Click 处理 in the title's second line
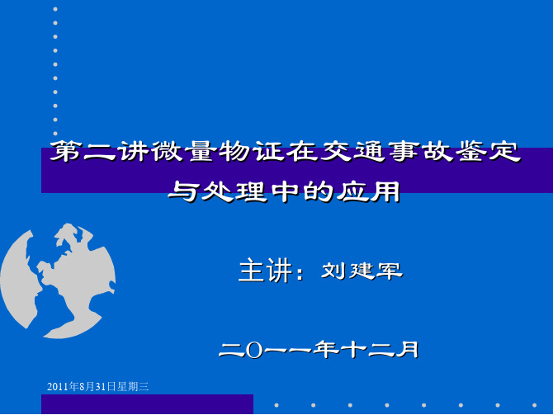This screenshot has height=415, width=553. pos(234,191)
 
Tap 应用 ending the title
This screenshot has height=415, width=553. pos(369,191)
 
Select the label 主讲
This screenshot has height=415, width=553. pos(266,271)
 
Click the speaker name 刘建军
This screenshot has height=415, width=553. pos(362,271)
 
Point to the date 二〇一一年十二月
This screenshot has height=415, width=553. pos(319,350)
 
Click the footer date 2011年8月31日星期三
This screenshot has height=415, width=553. pos(98,386)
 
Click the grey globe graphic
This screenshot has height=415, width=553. pos(58,281)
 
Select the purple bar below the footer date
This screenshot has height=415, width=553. pos(147,404)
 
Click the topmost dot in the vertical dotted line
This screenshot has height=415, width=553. pos(55,9)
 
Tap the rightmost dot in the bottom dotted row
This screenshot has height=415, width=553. pos(534,405)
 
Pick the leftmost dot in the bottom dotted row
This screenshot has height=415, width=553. pos(276,405)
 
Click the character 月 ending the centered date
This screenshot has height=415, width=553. pos(408,350)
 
